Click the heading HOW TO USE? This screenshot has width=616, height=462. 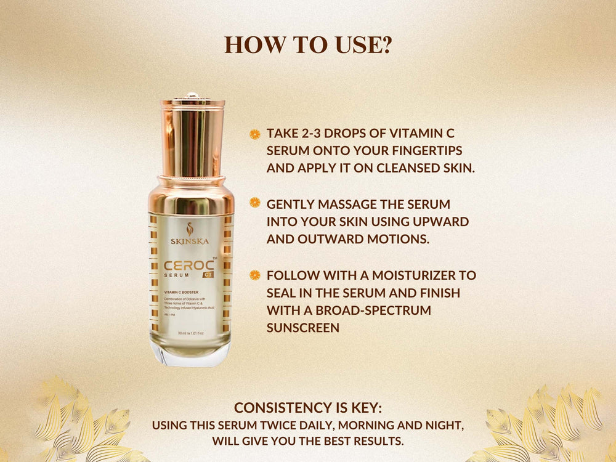[x=307, y=45]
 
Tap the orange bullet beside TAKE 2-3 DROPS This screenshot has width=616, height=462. [x=254, y=134]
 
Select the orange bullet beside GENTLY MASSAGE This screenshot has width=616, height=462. [x=254, y=203]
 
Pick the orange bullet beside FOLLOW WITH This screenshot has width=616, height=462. [x=254, y=275]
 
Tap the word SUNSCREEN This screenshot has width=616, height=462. [x=302, y=328]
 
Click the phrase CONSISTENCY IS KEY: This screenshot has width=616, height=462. [x=307, y=408]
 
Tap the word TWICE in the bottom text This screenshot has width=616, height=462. [x=296, y=425]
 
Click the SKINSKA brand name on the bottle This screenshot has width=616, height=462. [x=190, y=241]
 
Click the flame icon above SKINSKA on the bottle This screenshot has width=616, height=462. [x=190, y=228]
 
